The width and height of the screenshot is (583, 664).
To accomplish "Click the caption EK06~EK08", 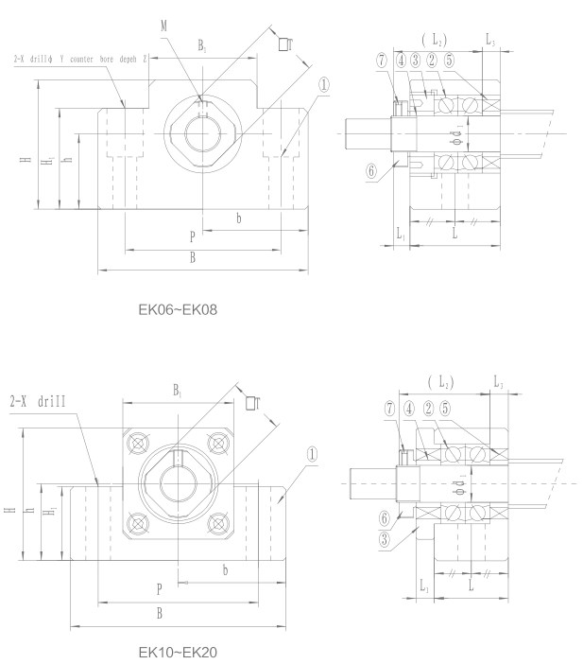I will [x=178, y=308].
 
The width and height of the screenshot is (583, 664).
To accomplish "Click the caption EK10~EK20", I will [x=178, y=652].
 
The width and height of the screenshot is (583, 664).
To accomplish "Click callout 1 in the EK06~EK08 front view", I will [x=324, y=84].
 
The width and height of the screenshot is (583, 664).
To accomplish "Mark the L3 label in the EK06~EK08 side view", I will [x=489, y=42].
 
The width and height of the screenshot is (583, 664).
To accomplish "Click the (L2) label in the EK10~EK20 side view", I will [x=438, y=382].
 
